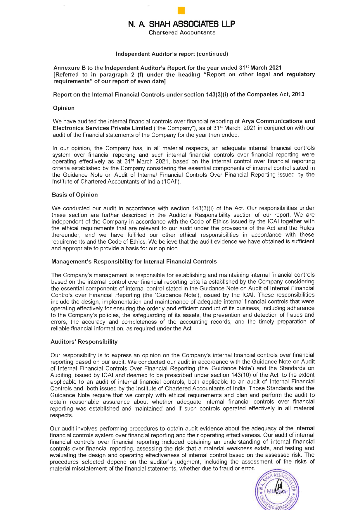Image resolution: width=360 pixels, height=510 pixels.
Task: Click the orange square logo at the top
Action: [181, 11]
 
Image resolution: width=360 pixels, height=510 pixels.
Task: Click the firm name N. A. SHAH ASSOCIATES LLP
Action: [181, 24]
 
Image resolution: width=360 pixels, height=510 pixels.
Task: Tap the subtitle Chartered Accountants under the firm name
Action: [182, 32]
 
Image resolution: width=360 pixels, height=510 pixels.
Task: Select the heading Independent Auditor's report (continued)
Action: [172, 54]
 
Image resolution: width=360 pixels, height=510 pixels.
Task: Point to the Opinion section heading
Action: [64, 108]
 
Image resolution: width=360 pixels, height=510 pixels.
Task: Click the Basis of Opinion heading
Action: [75, 195]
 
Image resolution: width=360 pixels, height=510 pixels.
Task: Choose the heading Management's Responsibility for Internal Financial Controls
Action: [134, 261]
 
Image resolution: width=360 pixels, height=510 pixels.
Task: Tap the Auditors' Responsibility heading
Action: [84, 342]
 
